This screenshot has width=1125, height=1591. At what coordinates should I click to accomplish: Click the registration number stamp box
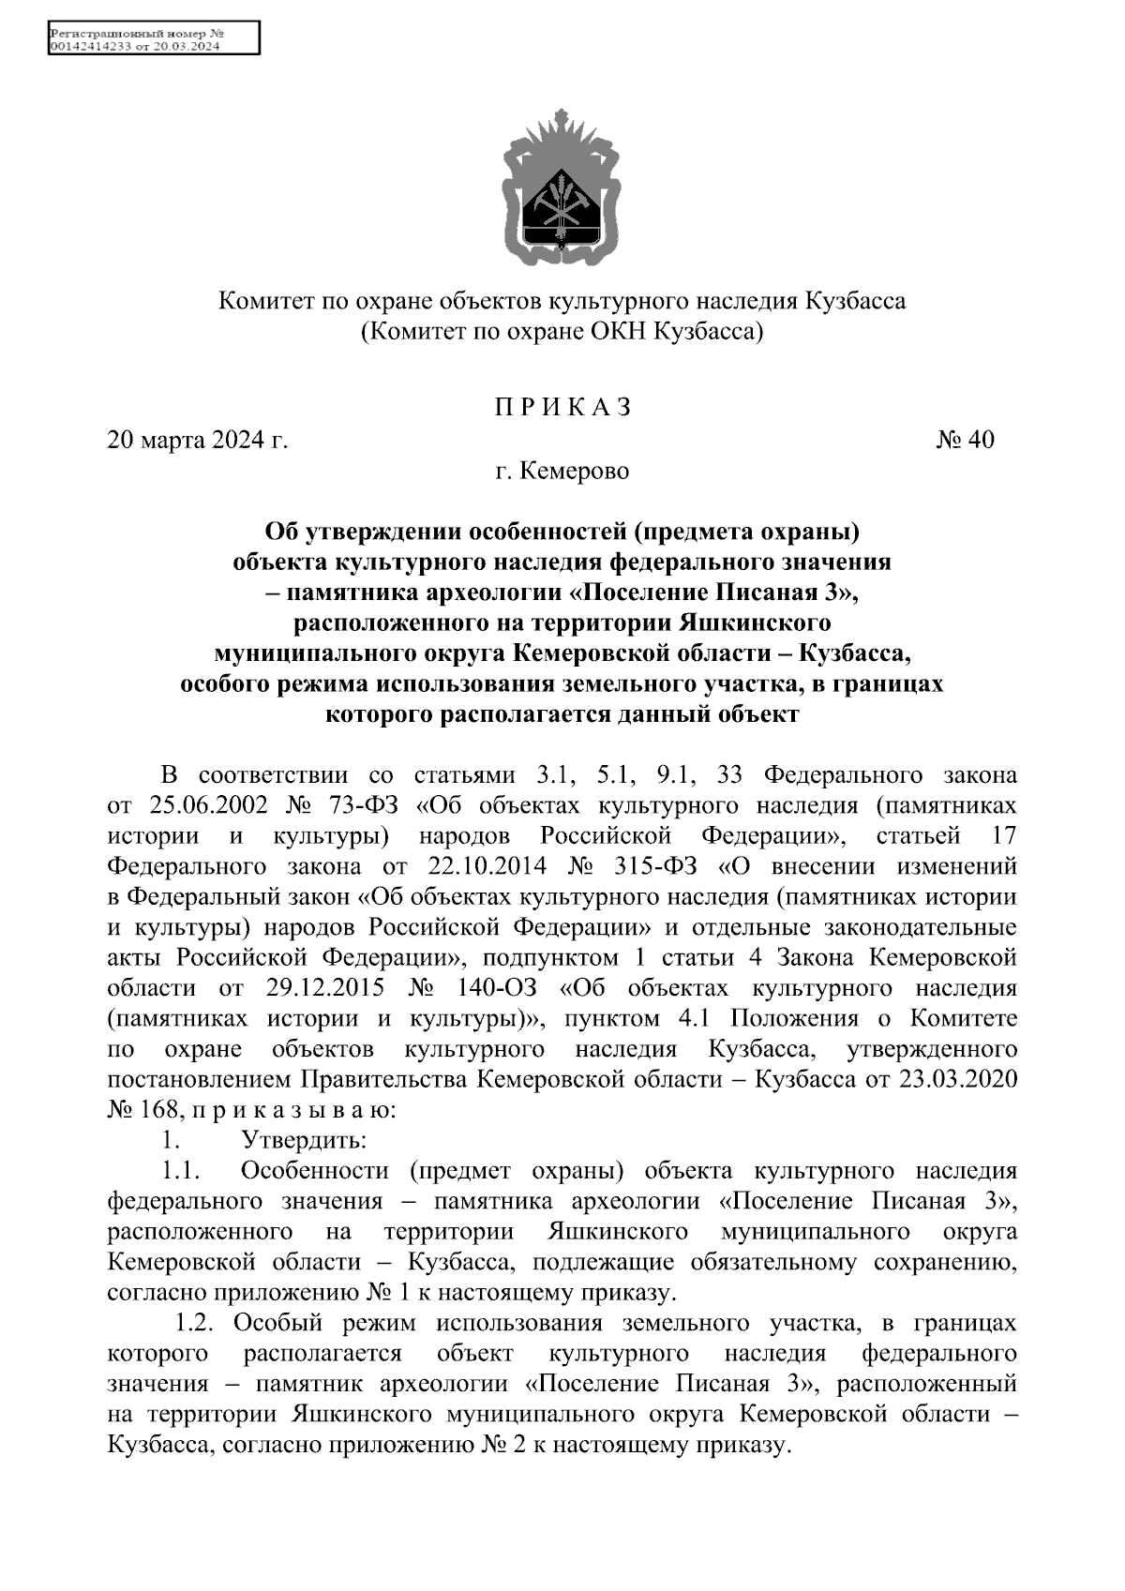153,39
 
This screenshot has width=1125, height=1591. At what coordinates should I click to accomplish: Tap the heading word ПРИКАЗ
562,408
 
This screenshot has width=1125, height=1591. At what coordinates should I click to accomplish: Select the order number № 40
965,440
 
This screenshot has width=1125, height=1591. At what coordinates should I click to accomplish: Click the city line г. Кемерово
562,471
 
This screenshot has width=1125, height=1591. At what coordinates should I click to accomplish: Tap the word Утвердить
304,1141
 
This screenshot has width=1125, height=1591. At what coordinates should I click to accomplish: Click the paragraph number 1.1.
182,1171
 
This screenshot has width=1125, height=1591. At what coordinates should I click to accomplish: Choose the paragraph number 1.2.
196,1323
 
